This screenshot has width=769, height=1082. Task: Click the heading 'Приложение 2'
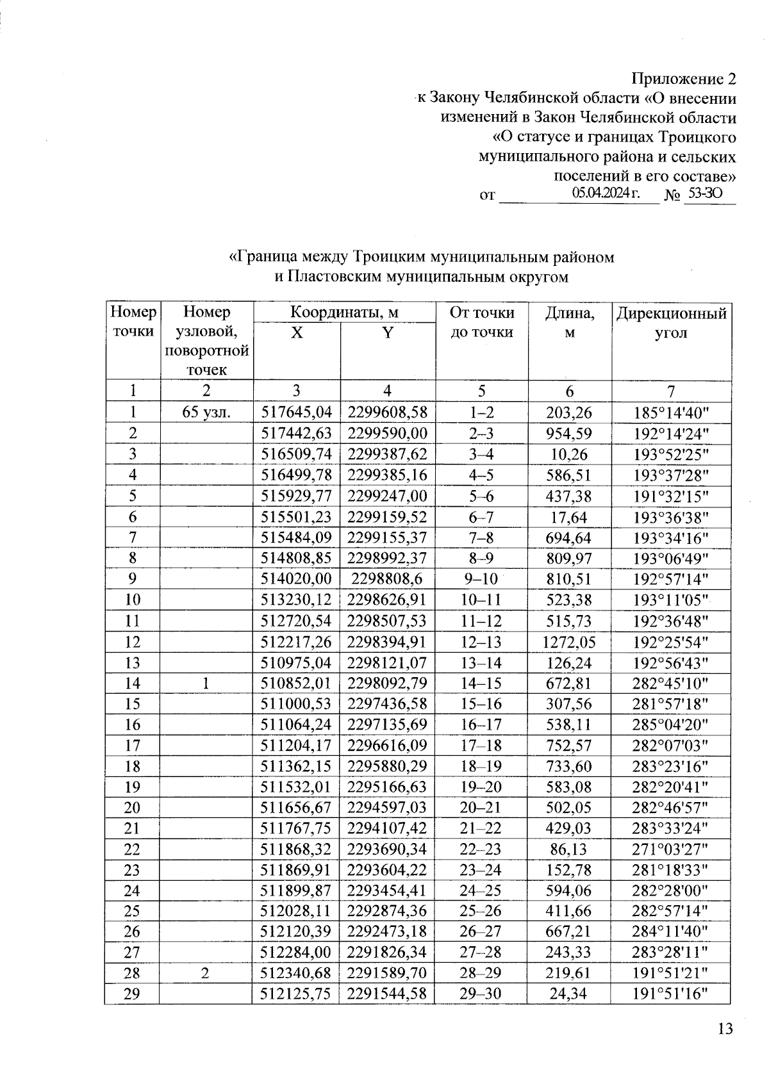tap(684, 79)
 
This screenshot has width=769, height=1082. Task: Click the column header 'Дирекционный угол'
tap(670, 323)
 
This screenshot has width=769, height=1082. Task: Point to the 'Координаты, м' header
tap(344, 313)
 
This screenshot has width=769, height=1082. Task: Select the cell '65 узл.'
tap(206, 412)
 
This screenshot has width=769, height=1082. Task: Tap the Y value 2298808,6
tap(387, 579)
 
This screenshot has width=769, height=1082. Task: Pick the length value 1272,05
tap(568, 641)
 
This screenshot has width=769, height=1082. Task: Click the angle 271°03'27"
tap(670, 849)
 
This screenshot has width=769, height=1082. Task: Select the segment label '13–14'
tap(481, 662)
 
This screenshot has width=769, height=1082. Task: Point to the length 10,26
tap(568, 454)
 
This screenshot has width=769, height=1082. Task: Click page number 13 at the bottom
tap(725, 1029)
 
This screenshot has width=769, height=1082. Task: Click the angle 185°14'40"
tap(670, 412)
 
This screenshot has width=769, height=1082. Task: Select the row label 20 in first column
tap(133, 808)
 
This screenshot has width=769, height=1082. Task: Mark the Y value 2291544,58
tap(387, 994)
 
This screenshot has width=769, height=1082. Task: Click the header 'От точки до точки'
tap(481, 323)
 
